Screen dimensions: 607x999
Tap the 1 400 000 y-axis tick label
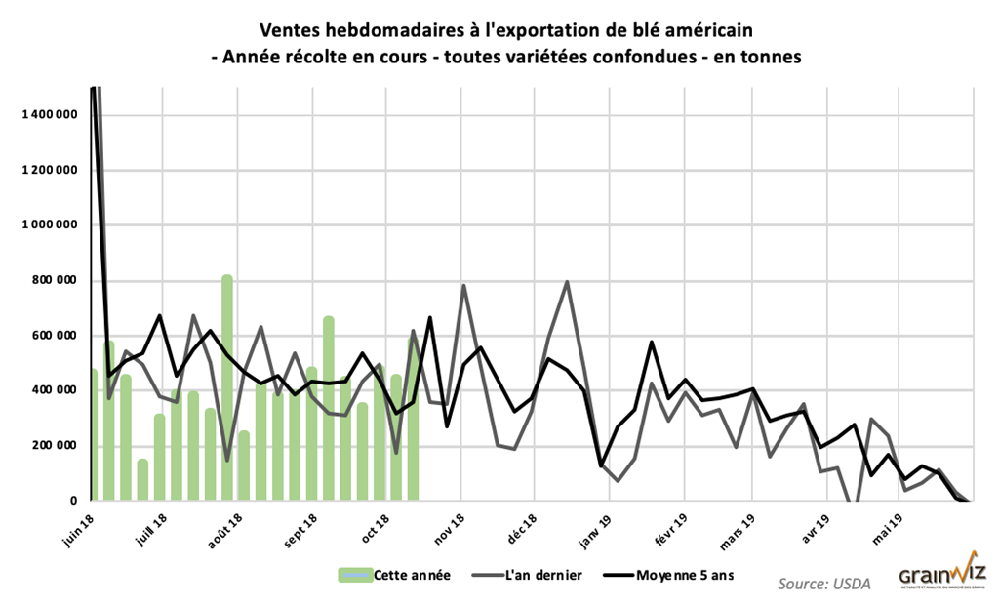point(49,115)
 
